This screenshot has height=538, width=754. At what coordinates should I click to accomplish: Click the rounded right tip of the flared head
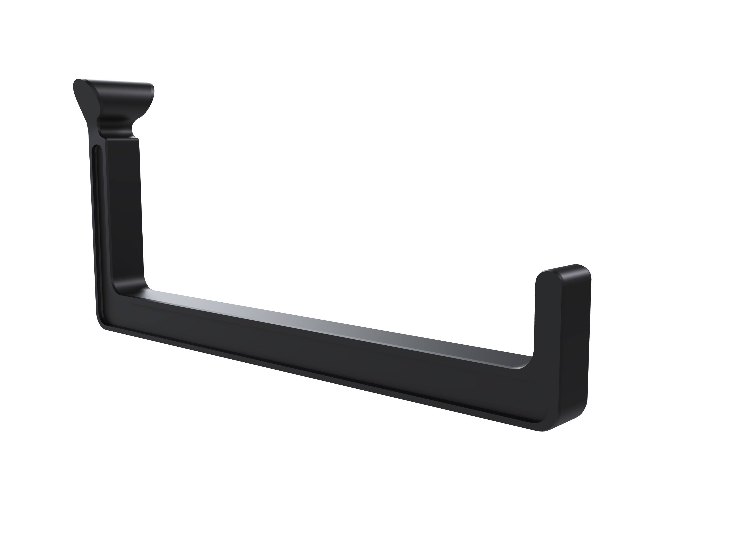[151, 90]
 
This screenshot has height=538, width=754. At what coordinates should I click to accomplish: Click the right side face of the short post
[575, 348]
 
